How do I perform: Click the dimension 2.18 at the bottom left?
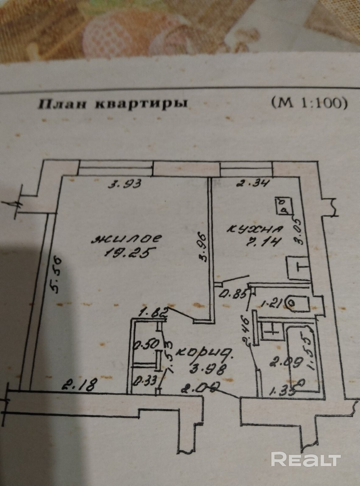pos(79,386)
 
